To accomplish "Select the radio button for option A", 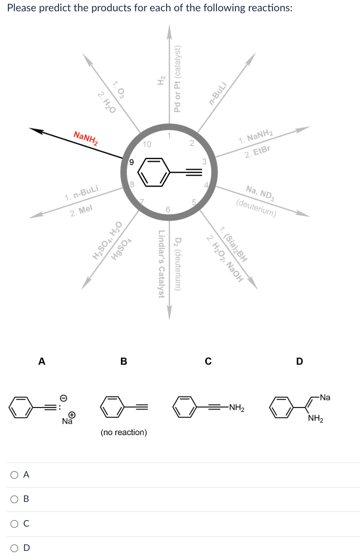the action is pyautogui.click(x=14, y=475).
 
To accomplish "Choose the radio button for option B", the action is pyautogui.click(x=14, y=499).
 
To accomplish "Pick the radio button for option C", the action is pyautogui.click(x=14, y=524).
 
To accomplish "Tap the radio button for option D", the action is pyautogui.click(x=14, y=548).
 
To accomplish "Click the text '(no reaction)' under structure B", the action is pyautogui.click(x=124, y=432).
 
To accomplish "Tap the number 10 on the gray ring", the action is pyautogui.click(x=147, y=143).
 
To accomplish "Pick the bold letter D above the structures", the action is pyautogui.click(x=299, y=361).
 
